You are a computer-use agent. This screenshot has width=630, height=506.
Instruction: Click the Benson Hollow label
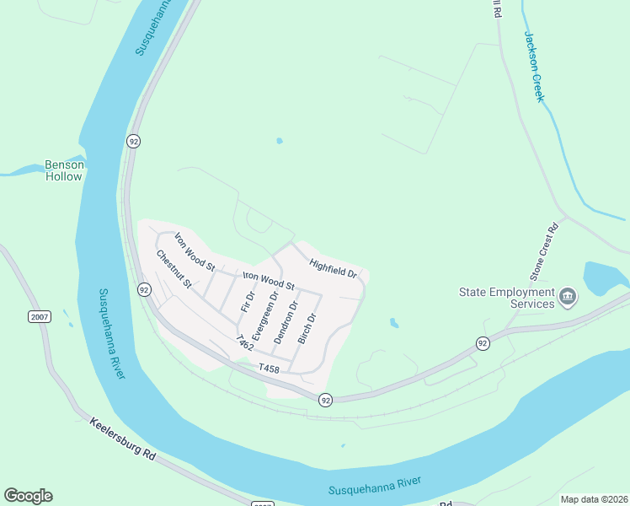tap(65, 170)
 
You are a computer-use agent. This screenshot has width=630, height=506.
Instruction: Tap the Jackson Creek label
tap(535, 67)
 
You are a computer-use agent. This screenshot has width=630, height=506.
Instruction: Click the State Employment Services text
tap(506, 299)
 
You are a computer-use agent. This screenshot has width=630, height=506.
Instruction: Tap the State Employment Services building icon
tap(568, 296)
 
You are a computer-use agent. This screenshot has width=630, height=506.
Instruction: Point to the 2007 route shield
tap(39, 316)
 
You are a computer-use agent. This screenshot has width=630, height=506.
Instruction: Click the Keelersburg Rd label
tap(123, 437)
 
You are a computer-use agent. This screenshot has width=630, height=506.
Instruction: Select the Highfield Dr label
tap(334, 268)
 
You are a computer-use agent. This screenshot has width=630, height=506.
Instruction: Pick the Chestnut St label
tap(174, 269)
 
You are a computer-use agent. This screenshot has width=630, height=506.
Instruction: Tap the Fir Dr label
tap(247, 301)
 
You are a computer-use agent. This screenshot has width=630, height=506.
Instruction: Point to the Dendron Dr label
tap(286, 322)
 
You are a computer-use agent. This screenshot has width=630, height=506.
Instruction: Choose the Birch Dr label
tap(307, 329)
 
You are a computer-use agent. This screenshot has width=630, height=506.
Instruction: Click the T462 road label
tap(245, 342)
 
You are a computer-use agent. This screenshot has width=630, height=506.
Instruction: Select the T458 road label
tap(269, 369)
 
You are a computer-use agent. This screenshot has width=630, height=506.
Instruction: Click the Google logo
tap(28, 495)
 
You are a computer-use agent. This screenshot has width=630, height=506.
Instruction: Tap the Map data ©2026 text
tap(594, 499)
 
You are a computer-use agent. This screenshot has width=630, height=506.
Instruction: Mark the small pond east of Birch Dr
tap(393, 322)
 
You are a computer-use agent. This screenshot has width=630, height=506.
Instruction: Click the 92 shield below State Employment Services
tap(482, 343)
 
